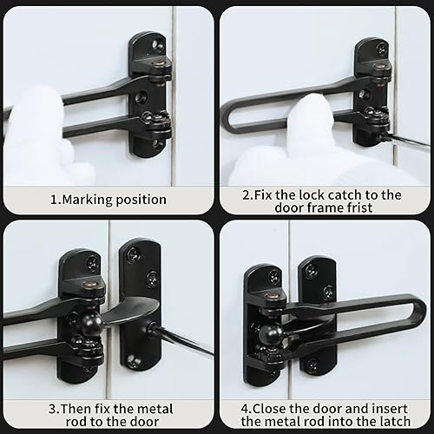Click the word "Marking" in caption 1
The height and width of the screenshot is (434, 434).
pos(87,200)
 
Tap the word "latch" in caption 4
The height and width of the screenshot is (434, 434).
pos(400,423)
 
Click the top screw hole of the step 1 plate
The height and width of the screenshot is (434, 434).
pos(159,43)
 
